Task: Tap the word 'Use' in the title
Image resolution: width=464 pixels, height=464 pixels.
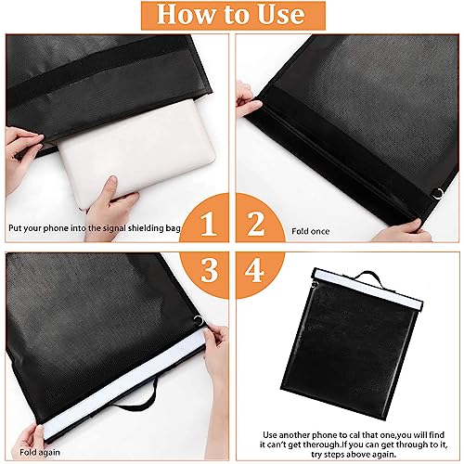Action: point(274,16)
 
